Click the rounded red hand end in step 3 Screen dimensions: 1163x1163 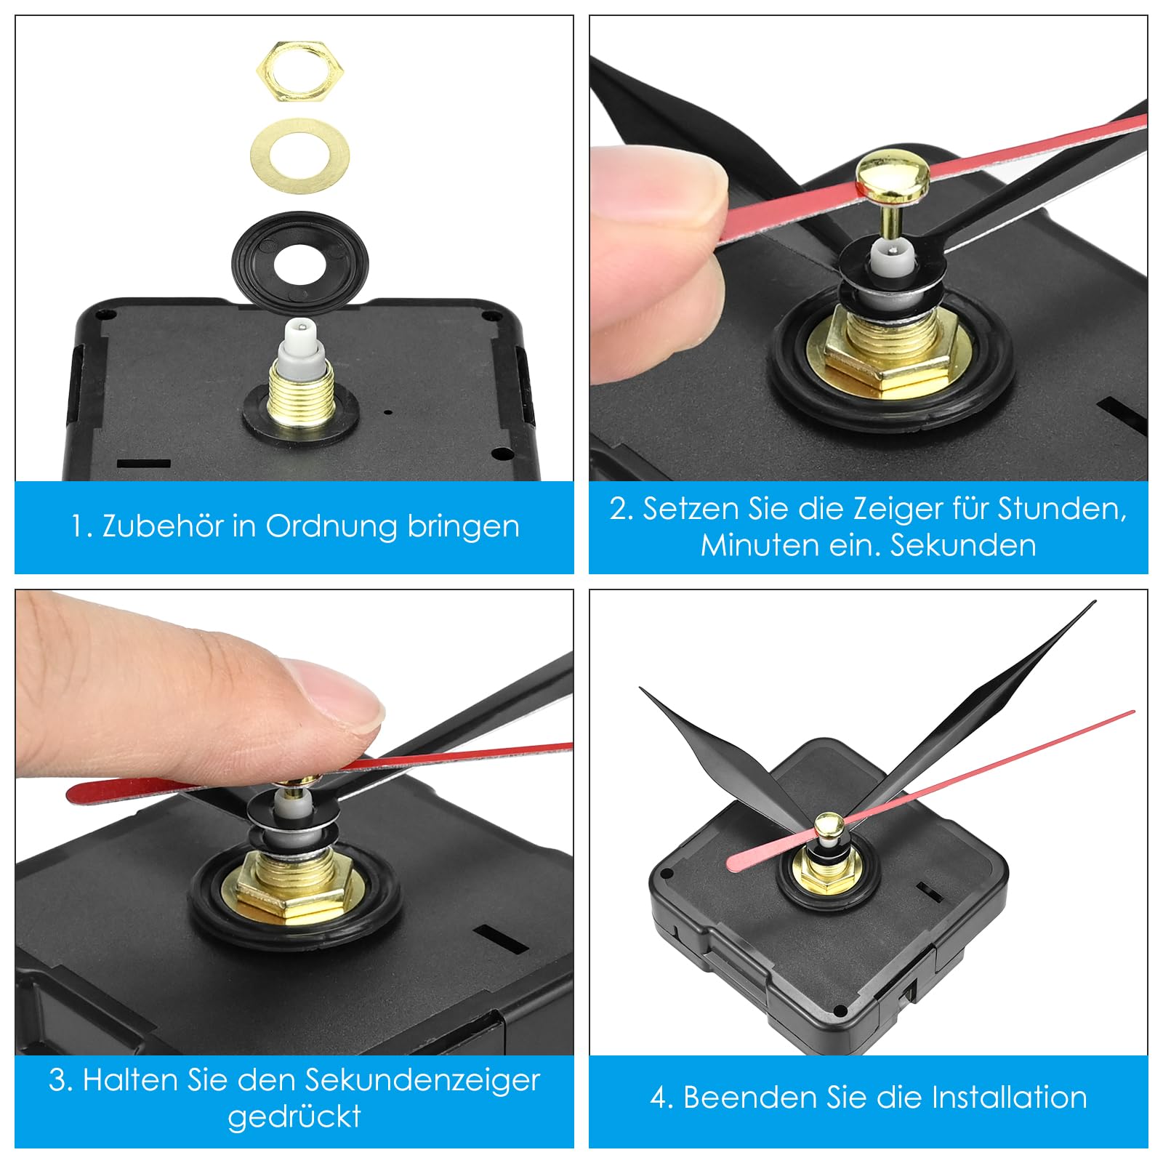pyautogui.click(x=80, y=792)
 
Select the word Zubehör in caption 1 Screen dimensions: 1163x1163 pyautogui.click(x=162, y=526)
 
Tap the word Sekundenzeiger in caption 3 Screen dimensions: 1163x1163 pyautogui.click(x=425, y=1080)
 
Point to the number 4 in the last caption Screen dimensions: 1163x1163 pyautogui.click(x=659, y=1098)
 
